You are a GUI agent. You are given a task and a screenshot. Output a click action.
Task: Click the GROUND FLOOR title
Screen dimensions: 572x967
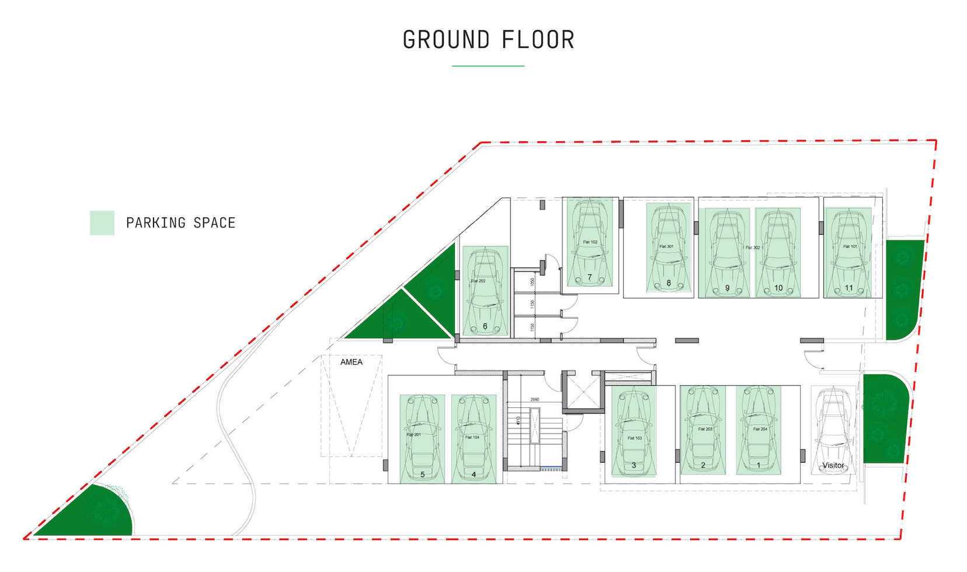tap(488, 40)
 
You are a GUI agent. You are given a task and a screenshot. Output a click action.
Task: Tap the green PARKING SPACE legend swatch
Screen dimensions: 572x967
tap(102, 223)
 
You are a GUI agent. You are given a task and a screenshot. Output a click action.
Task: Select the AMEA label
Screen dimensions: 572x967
tap(352, 362)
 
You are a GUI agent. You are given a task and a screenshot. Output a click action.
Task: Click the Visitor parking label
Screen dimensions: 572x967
tap(833, 465)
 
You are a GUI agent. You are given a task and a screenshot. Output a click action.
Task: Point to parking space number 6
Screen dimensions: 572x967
tap(485, 292)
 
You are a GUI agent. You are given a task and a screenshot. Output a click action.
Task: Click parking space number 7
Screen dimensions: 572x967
tap(590, 243)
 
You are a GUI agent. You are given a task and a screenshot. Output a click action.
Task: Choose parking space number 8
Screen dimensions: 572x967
tap(669, 247)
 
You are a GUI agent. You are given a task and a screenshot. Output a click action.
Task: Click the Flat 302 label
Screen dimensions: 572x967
tap(753, 247)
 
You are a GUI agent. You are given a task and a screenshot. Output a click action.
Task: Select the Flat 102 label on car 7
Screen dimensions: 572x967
tap(590, 242)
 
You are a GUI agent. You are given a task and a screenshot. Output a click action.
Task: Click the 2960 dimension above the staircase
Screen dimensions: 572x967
tap(535, 400)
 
